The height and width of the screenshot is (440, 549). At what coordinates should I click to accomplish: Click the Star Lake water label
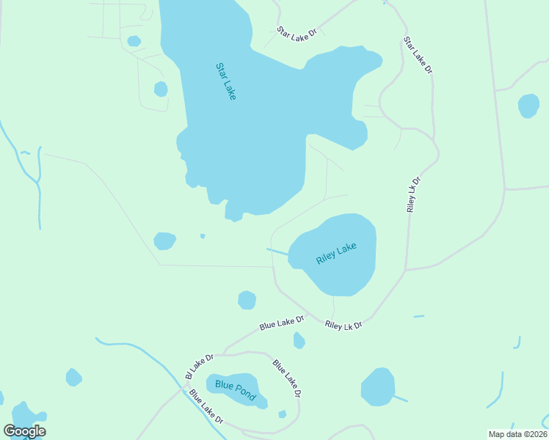click(225, 81)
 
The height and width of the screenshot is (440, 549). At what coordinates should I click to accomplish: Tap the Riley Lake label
click(336, 253)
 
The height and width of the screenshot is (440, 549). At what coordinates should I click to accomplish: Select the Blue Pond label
click(235, 390)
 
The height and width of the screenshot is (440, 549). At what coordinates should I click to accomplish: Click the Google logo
click(24, 431)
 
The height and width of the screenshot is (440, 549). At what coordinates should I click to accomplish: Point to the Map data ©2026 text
click(517, 433)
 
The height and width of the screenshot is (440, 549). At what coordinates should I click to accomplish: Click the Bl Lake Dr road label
click(199, 366)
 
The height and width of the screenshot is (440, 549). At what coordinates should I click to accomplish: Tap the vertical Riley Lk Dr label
click(414, 194)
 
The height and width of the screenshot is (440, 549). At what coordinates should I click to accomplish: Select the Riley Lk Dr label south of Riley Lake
click(343, 324)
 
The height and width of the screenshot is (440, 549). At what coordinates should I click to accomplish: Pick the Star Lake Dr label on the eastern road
click(418, 55)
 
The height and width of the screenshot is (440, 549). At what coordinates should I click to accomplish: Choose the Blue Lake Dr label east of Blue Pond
click(287, 378)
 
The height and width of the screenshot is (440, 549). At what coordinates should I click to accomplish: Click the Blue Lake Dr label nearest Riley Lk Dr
click(282, 323)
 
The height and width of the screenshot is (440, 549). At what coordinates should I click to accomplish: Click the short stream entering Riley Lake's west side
click(277, 252)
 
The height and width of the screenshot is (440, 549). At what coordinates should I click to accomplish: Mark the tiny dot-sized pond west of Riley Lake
click(203, 236)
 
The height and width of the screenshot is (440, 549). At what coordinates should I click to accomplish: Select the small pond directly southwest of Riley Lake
click(247, 300)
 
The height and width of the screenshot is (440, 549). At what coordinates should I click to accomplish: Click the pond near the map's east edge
click(528, 106)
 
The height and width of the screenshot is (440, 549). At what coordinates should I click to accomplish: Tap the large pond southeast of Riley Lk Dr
click(378, 386)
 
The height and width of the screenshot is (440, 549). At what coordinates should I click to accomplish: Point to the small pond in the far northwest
click(134, 41)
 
